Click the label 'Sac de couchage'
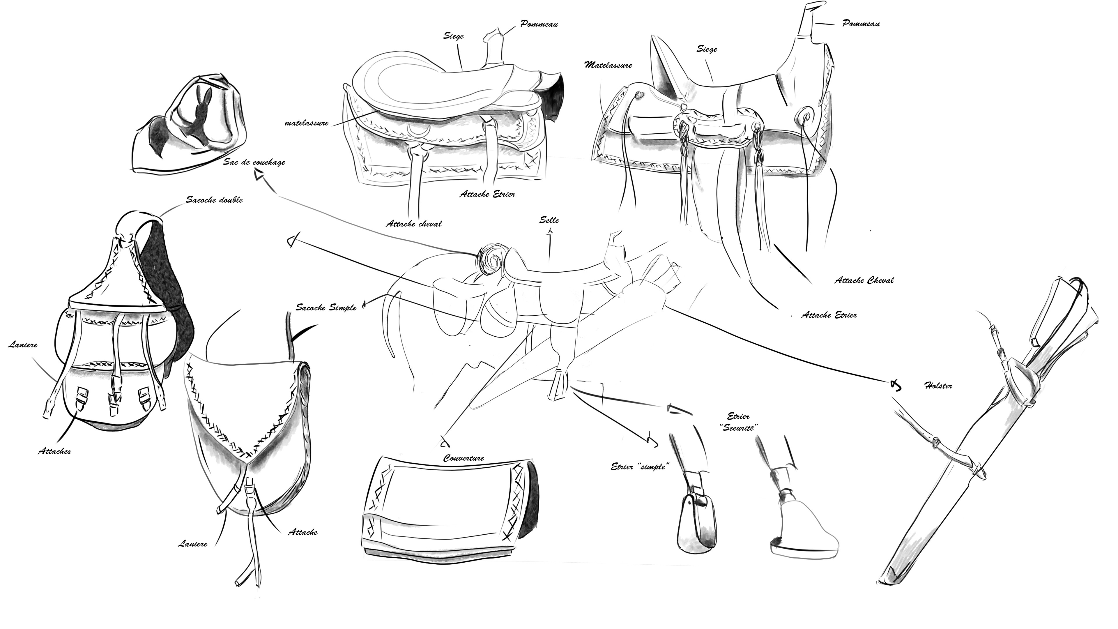coord(254,162)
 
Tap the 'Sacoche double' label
coord(214,200)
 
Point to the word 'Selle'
coord(549,220)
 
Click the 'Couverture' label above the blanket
coord(464,458)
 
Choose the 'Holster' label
coord(938,386)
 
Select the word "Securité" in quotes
coord(740,428)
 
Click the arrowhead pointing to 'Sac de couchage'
coord(259,175)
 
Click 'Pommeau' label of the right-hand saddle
coord(861,24)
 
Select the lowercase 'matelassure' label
coord(306,123)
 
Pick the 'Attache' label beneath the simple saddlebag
coord(303,533)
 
